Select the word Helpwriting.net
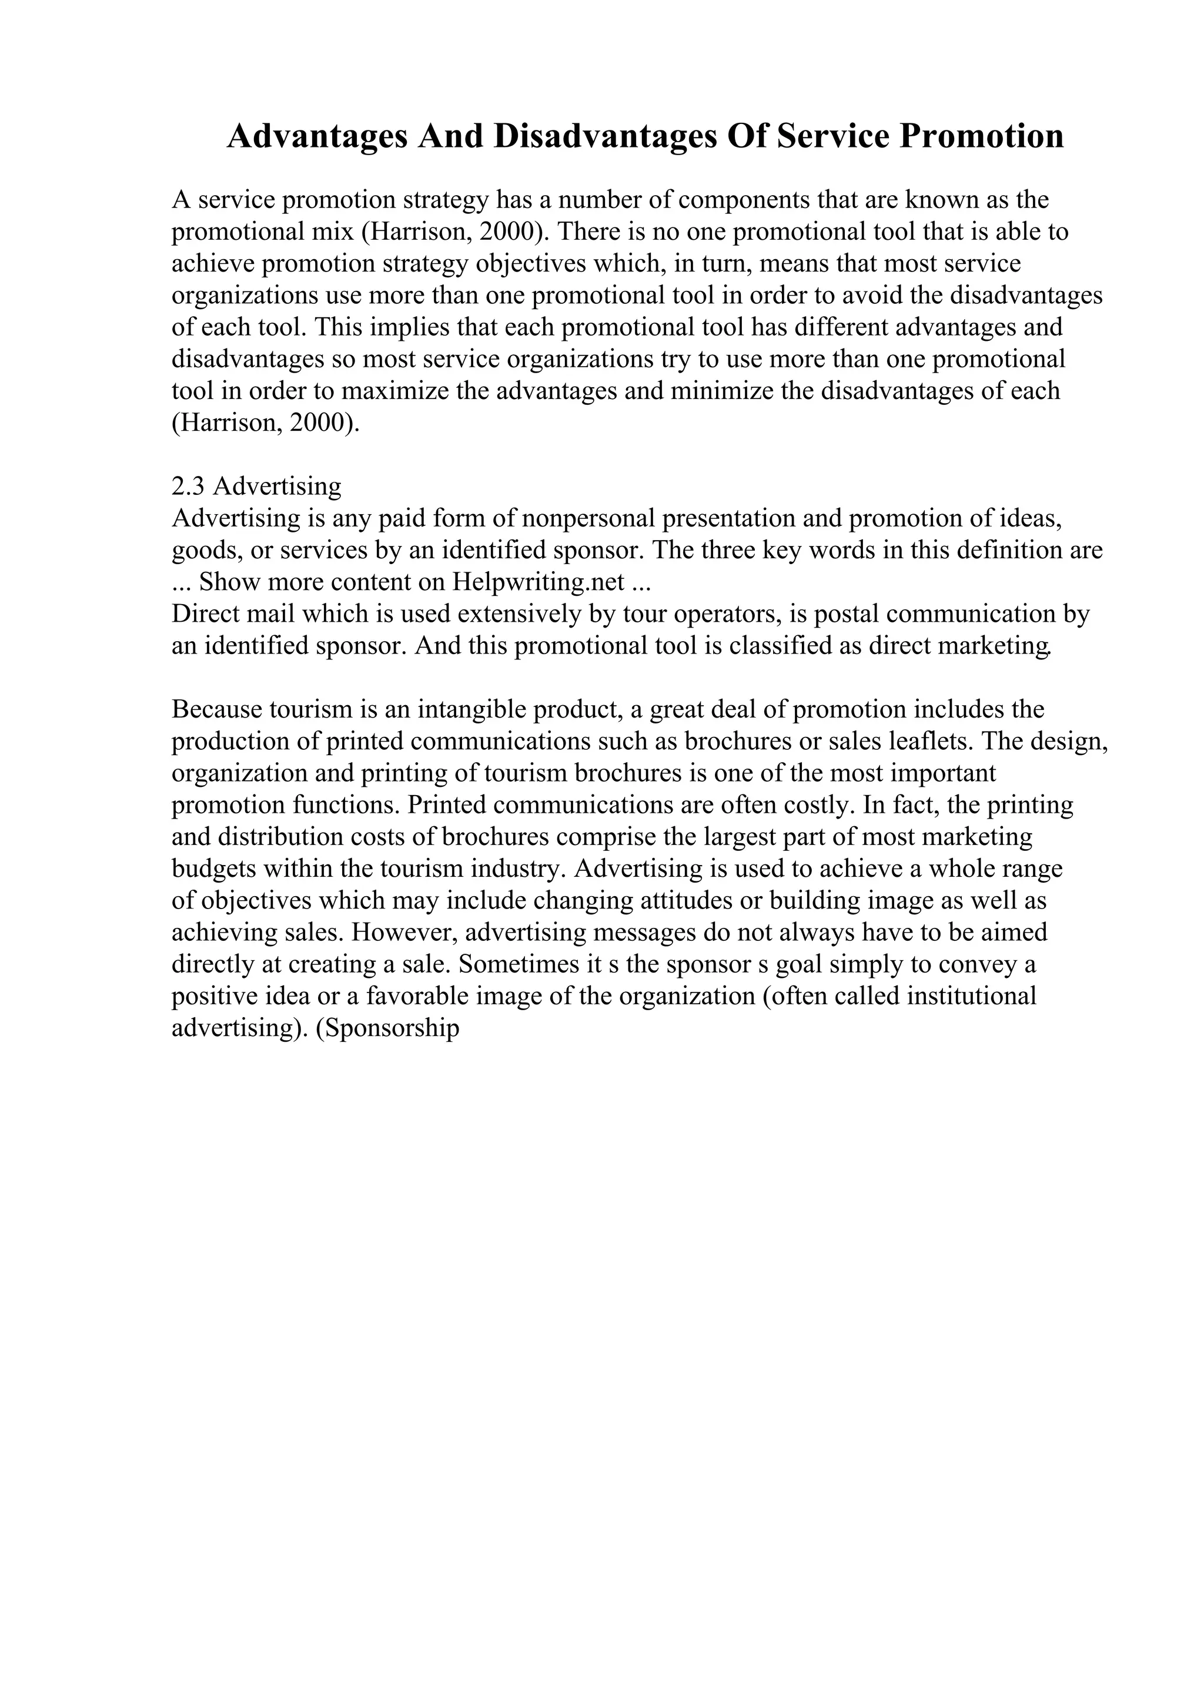539,582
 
